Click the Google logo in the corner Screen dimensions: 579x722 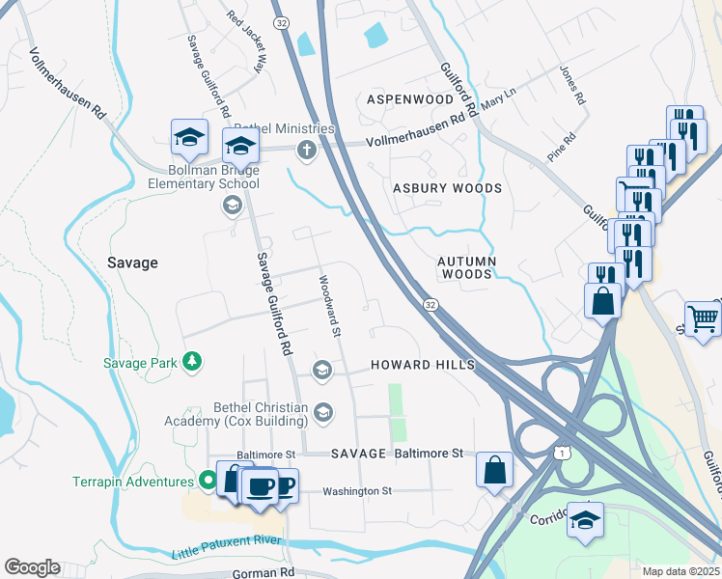tap(32, 567)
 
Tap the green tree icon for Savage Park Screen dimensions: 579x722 tap(194, 362)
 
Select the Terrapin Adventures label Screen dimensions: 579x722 tap(133, 481)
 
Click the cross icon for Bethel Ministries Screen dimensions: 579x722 tap(306, 149)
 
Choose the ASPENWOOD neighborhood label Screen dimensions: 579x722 tap(410, 99)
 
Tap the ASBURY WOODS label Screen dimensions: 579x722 tap(447, 188)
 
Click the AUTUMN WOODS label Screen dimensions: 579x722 tap(466, 267)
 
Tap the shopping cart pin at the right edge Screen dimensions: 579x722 tap(704, 317)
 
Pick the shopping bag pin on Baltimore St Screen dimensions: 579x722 tap(495, 470)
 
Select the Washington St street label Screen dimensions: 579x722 tap(356, 490)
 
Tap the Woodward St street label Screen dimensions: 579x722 tap(330, 306)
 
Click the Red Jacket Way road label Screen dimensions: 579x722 tap(245, 42)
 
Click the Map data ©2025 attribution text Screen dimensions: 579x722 tap(680, 571)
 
